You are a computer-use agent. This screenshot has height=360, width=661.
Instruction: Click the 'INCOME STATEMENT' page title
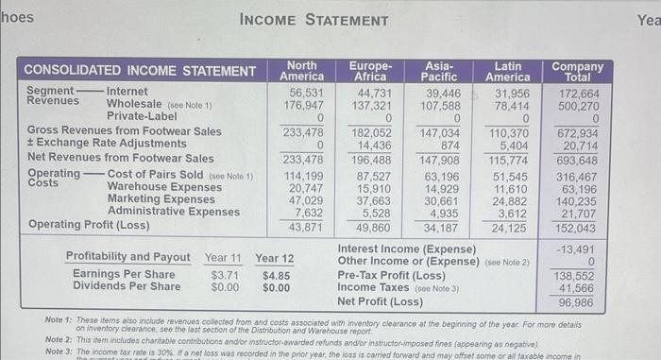point(314,20)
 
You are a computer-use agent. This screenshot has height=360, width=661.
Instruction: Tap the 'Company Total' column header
point(577,71)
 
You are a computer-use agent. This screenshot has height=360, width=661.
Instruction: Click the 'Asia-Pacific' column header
point(440,71)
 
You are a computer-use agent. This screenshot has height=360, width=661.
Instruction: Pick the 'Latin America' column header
point(509,71)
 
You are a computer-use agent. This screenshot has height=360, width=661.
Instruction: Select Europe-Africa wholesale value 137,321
point(372,106)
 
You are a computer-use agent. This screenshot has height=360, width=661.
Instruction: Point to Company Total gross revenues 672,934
point(578,133)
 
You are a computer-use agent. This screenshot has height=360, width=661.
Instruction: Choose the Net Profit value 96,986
point(578,302)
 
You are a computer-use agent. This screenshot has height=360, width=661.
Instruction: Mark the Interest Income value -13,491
point(578,249)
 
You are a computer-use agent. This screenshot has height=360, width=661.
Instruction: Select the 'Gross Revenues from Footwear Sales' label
point(125,130)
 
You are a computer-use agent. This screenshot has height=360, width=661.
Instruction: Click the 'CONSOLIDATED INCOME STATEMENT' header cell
point(139,71)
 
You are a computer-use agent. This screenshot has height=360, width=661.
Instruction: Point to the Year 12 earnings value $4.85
point(276,275)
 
